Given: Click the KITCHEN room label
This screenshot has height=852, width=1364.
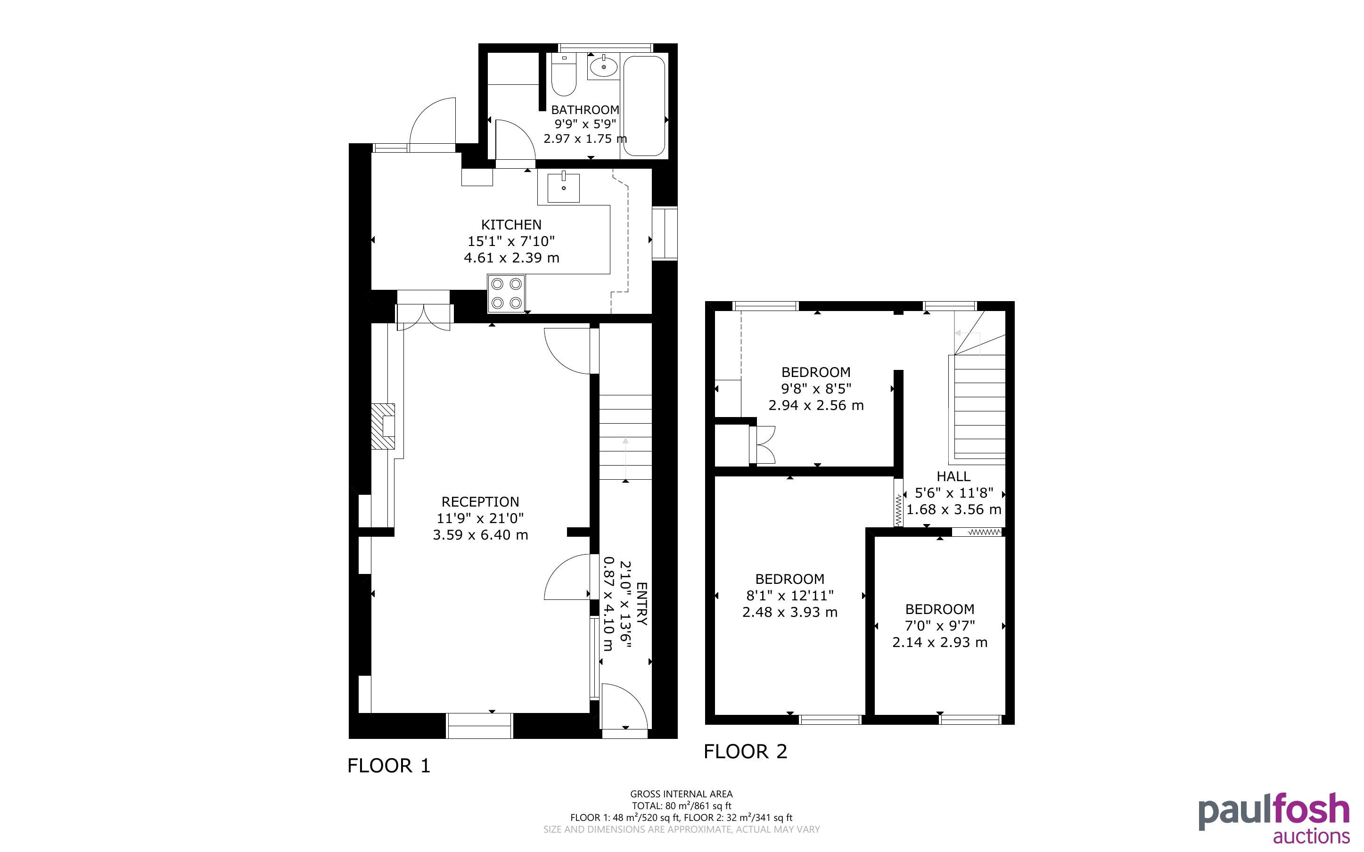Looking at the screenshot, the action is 511,225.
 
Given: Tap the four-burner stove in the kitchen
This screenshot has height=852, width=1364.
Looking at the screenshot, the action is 506,294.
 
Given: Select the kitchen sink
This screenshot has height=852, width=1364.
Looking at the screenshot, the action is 563,187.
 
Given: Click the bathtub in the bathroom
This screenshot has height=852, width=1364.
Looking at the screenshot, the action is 644,106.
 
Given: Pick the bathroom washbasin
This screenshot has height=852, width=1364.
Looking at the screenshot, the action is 603,67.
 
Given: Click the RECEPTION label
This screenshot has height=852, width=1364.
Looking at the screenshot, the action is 480,502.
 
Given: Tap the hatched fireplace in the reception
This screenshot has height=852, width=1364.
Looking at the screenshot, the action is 383,426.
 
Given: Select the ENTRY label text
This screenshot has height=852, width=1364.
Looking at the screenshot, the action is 642,604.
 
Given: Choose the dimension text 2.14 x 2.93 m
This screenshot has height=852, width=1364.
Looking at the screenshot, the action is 940,642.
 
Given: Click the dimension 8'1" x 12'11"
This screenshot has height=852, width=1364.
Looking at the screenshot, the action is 790,596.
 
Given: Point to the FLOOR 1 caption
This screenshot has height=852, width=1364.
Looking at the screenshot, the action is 389,766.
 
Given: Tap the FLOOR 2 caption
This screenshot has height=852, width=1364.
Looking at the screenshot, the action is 745,752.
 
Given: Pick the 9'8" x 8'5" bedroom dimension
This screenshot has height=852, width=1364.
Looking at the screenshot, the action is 816,389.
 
